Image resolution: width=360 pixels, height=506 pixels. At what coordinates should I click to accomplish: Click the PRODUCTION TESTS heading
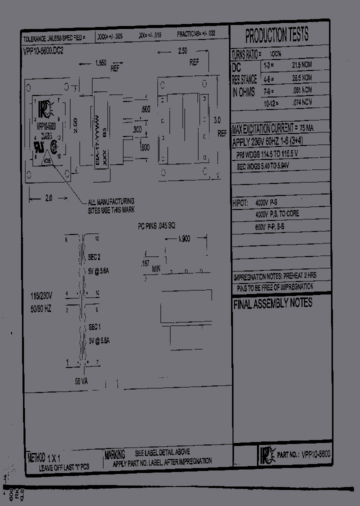pos(276,35)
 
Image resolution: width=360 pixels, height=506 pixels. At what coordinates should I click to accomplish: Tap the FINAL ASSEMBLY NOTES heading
pos(272,303)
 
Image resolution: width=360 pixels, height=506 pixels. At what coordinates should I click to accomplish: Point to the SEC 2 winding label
pos(94,257)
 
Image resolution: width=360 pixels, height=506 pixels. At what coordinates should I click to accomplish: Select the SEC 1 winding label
pos(94,326)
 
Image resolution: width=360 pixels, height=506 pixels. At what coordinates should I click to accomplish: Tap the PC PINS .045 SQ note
pos(156,226)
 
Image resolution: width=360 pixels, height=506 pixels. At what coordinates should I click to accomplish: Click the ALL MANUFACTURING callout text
pos(111,203)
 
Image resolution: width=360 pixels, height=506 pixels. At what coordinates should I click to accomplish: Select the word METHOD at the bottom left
pos(36,457)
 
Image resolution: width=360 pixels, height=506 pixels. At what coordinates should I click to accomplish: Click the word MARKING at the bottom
pos(114,454)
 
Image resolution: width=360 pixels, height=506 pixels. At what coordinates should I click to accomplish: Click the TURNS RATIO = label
pos(248,54)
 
